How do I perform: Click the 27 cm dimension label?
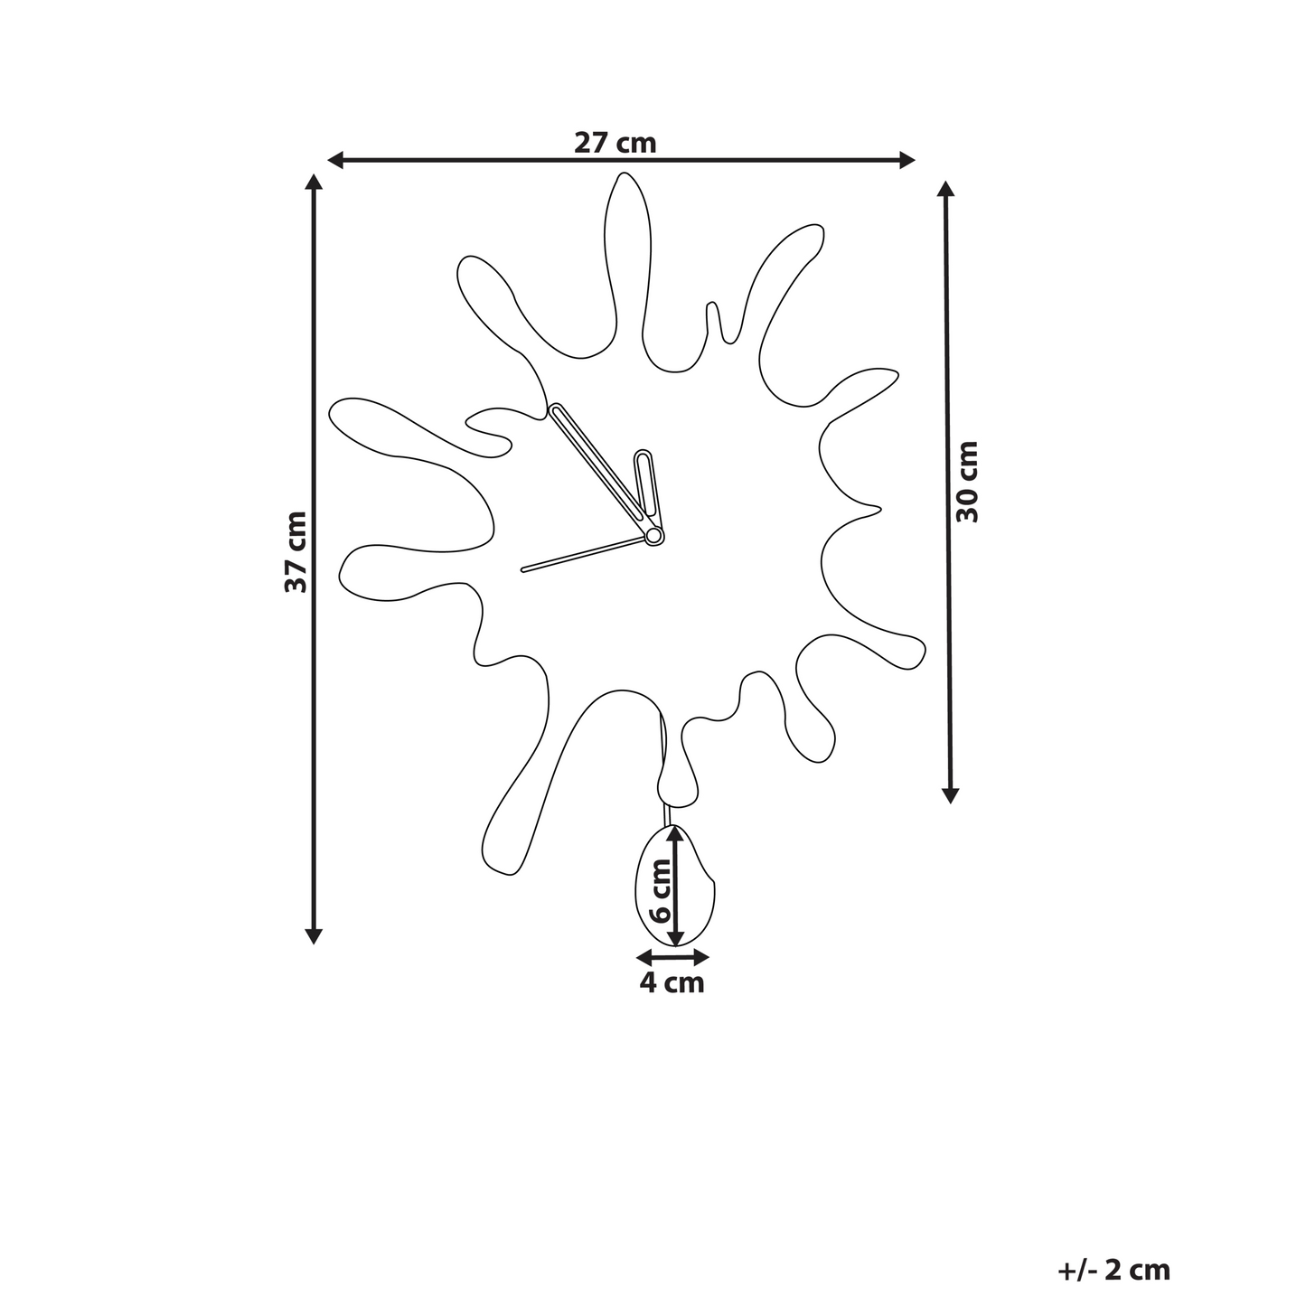(615, 143)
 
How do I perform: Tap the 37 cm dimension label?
(296, 552)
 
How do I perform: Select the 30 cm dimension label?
(966, 482)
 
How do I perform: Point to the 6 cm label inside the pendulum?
(659, 891)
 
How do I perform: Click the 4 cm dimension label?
(672, 982)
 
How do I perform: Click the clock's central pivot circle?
(653, 536)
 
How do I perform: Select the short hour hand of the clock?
(646, 490)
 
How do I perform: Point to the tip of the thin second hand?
(522, 571)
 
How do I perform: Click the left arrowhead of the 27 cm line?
(334, 161)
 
